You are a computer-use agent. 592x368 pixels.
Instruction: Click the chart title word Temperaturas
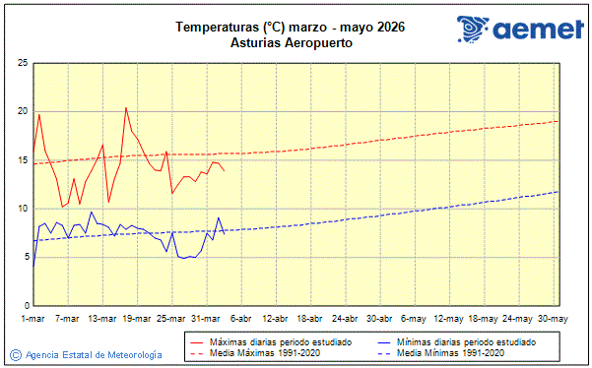pyautogui.click(x=216, y=27)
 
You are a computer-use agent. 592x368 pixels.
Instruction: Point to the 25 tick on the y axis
pyautogui.click(x=22, y=63)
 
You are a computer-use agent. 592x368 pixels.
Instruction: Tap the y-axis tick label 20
pyautogui.click(x=22, y=111)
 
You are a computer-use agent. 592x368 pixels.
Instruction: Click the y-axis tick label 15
pyautogui.click(x=22, y=159)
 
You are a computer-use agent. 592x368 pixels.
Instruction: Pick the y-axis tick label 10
pyautogui.click(x=22, y=209)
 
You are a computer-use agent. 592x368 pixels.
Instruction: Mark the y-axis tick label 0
pyautogui.click(x=25, y=305)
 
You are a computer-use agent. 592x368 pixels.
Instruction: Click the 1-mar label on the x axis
pyautogui.click(x=33, y=319)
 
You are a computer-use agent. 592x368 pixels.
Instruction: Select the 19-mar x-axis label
pyautogui.click(x=137, y=319)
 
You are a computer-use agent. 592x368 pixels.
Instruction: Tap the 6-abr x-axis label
pyautogui.click(x=240, y=319)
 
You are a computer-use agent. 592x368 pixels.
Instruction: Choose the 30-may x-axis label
pyautogui.click(x=553, y=319)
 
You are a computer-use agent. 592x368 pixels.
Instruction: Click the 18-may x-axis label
pyautogui.click(x=484, y=319)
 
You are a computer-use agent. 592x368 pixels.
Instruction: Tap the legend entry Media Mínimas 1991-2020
pyautogui.click(x=441, y=352)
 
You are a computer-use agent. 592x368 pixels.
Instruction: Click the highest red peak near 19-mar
pyautogui.click(x=126, y=107)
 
